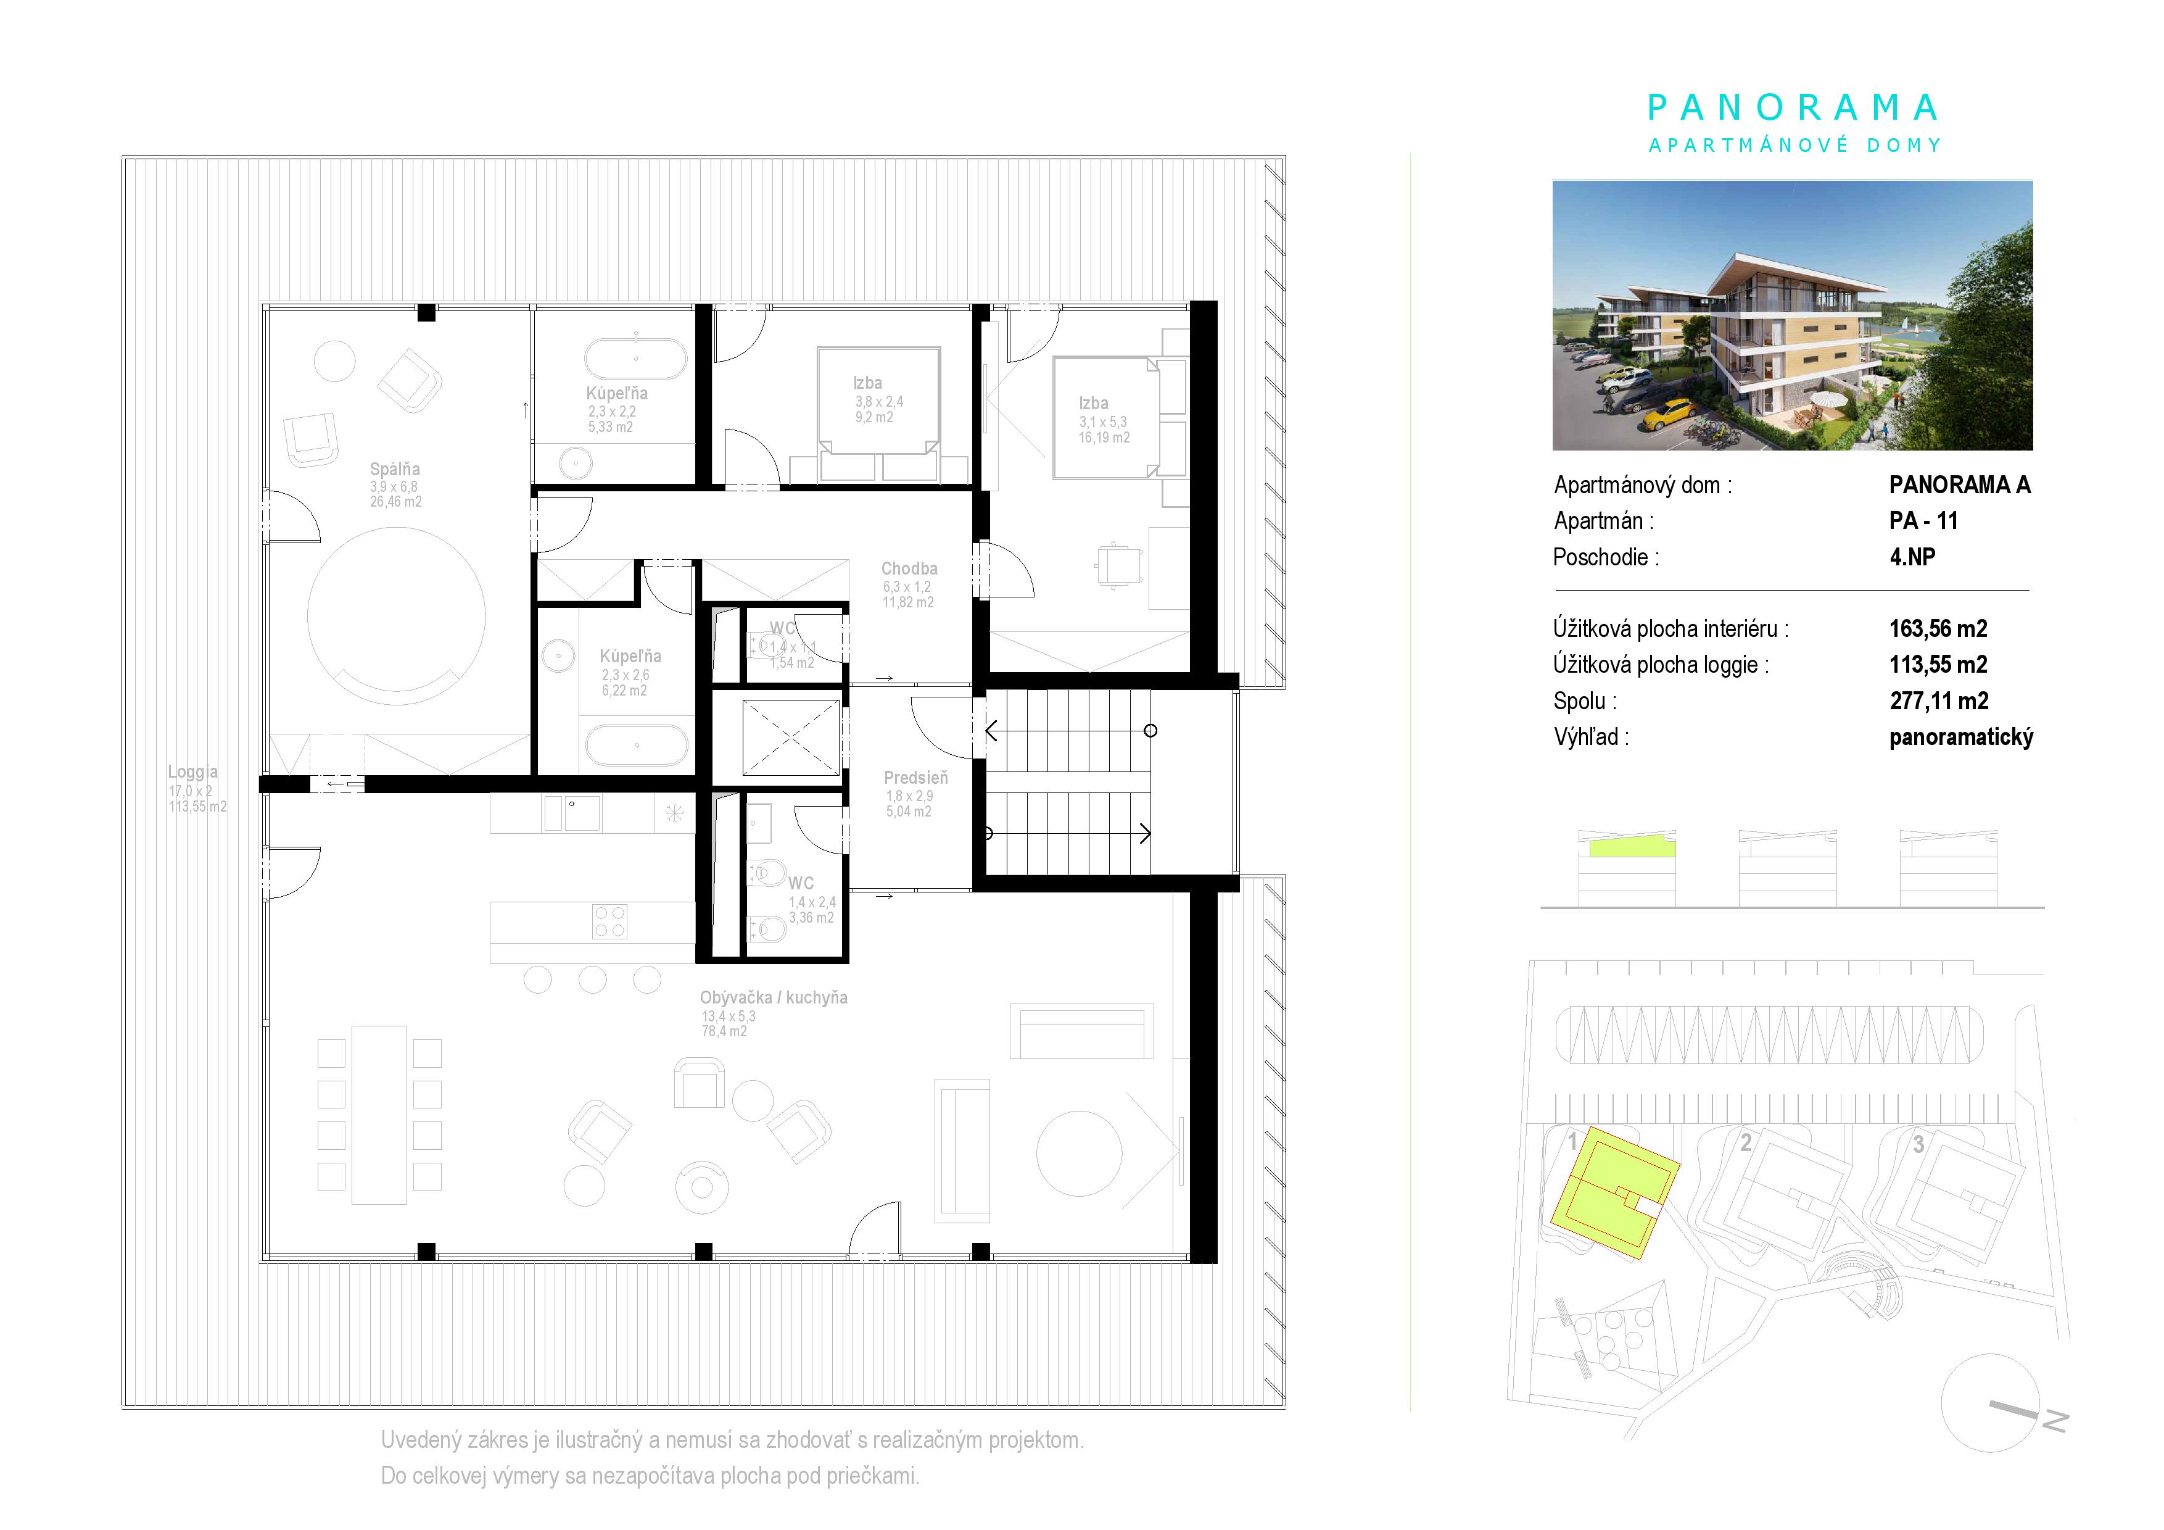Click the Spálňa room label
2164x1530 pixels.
coord(395,470)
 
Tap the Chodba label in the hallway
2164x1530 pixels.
coord(909,568)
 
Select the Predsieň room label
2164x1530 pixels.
coord(916,778)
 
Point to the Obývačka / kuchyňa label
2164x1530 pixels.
coord(774,997)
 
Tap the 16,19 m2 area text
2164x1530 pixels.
coord(1105,438)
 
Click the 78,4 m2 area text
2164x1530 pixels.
coord(724,1031)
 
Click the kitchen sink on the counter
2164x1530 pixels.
coord(572,813)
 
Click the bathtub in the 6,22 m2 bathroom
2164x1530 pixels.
coord(637,746)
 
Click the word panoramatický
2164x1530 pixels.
coord(1962,737)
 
